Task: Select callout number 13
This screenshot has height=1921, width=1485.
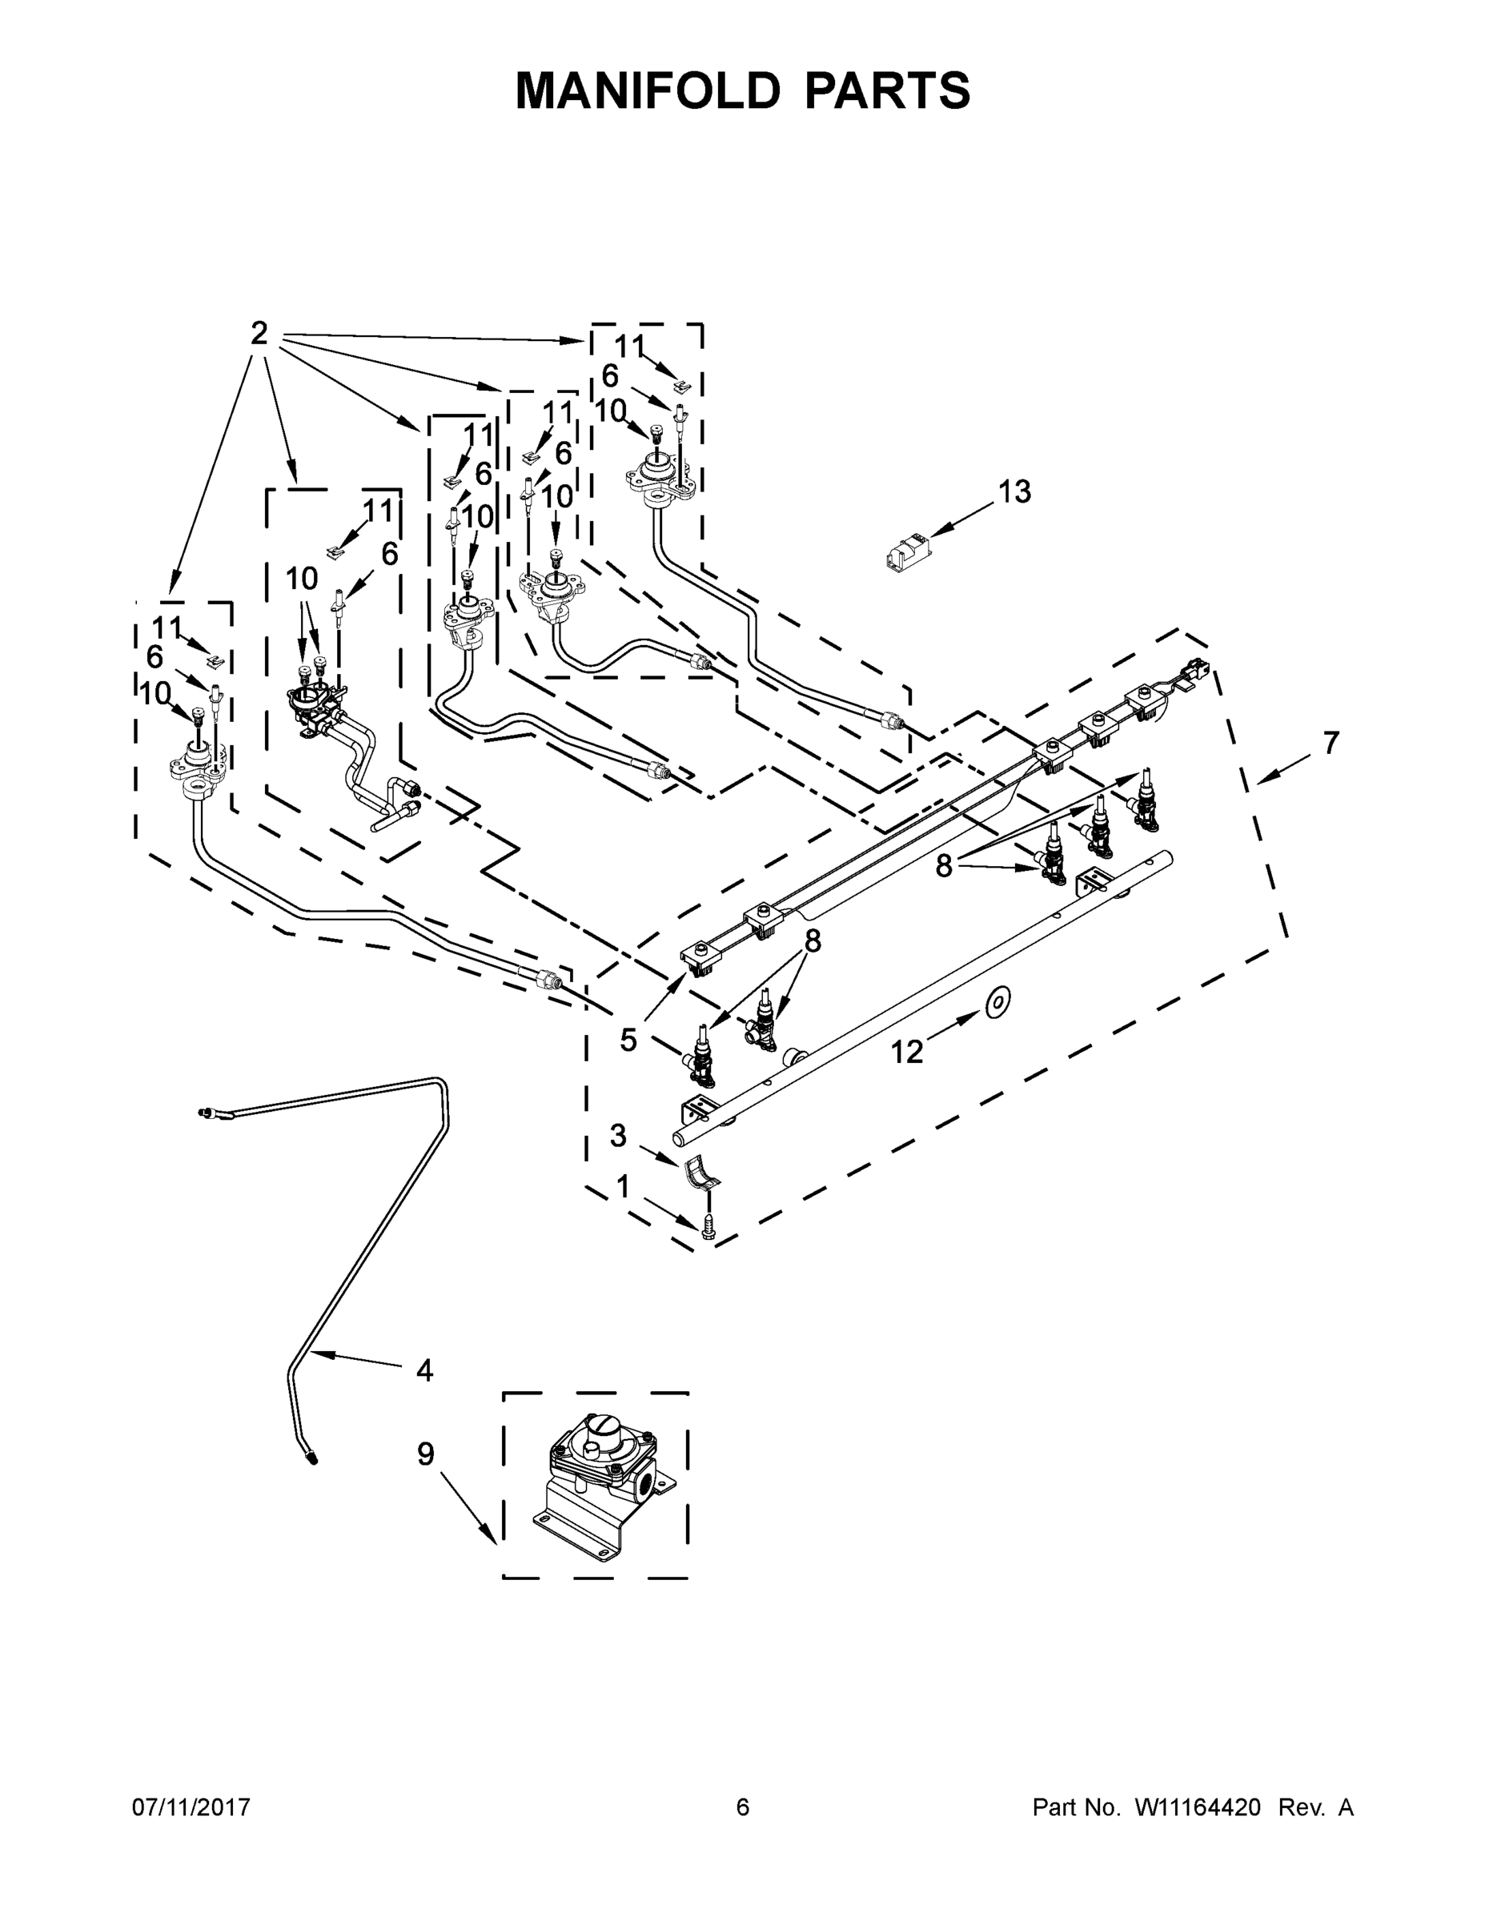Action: point(1014,492)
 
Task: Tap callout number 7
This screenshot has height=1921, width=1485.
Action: point(1331,744)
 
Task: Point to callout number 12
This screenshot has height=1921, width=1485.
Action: point(907,1051)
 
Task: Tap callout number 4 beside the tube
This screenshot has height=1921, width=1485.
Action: point(424,1370)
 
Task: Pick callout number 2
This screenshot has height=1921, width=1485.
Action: point(259,333)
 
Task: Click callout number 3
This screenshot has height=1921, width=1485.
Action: point(619,1136)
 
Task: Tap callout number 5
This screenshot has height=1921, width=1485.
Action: point(628,1040)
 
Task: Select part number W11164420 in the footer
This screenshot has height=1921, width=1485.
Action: point(1198,1807)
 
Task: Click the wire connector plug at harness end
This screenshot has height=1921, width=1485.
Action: point(1198,671)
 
